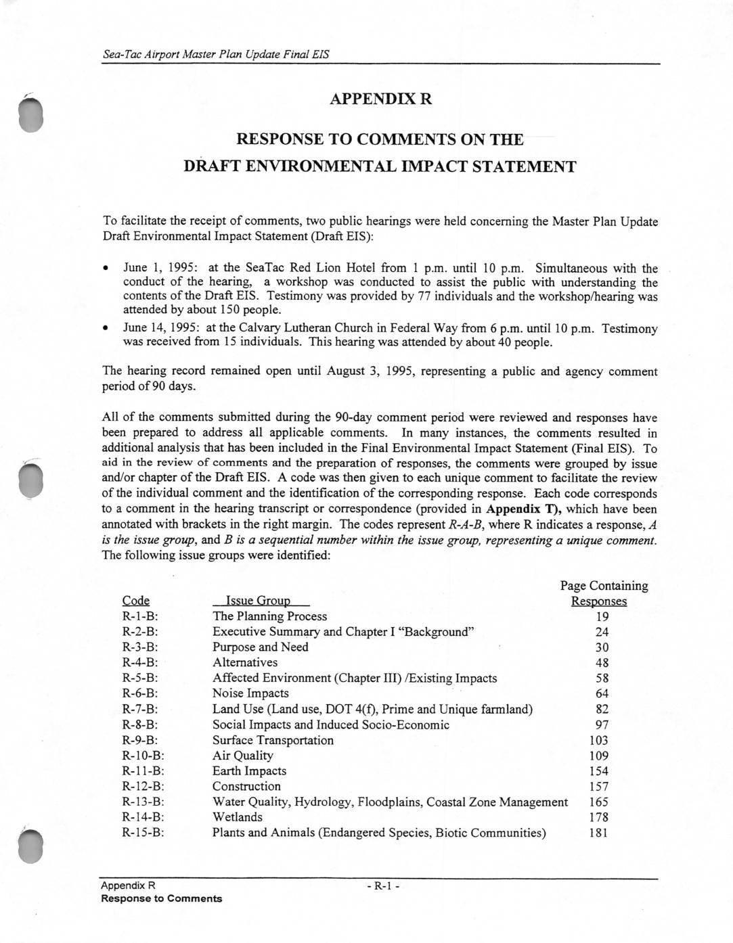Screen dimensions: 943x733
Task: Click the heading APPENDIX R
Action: [x=380, y=99]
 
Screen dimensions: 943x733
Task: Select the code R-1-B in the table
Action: [x=140, y=616]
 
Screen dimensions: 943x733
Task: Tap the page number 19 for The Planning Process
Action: [x=602, y=616]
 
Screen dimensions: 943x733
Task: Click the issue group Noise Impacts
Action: [x=250, y=693]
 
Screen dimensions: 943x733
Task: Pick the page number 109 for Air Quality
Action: [x=599, y=756]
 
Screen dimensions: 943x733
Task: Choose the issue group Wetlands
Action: [x=238, y=817]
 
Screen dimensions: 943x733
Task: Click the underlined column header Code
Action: [x=136, y=601]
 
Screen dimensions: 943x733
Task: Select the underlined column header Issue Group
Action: [x=261, y=601]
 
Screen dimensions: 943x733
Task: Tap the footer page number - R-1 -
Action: [x=384, y=886]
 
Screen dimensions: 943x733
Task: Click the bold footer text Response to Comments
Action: [x=161, y=898]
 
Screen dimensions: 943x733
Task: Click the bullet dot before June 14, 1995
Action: [x=106, y=329]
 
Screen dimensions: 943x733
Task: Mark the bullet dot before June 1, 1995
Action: [x=106, y=269]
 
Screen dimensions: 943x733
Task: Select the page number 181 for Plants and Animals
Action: [x=599, y=833]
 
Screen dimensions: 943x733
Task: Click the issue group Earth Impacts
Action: [x=249, y=771]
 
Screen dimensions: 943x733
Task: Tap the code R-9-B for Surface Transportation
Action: [x=140, y=740]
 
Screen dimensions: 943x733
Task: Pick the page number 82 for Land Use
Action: [x=602, y=709]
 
